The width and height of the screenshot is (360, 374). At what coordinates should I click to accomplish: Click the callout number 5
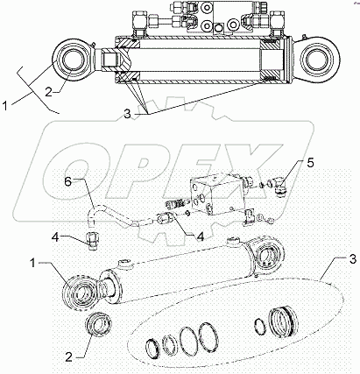(310, 163)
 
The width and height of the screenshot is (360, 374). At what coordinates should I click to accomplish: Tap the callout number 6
(67, 182)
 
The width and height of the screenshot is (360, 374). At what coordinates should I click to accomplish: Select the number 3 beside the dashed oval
(353, 259)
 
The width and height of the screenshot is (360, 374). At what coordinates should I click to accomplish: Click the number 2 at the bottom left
(68, 357)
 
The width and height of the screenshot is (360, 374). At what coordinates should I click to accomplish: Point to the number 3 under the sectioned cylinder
(127, 114)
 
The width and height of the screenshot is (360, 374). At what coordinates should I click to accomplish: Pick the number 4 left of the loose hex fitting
(55, 237)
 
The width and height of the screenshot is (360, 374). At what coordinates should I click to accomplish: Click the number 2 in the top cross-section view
(49, 92)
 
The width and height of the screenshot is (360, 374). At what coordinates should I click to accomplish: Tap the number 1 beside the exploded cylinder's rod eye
(32, 264)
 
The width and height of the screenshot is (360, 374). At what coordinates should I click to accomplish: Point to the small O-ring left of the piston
(259, 326)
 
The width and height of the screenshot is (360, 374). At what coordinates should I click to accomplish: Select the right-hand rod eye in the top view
(317, 59)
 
